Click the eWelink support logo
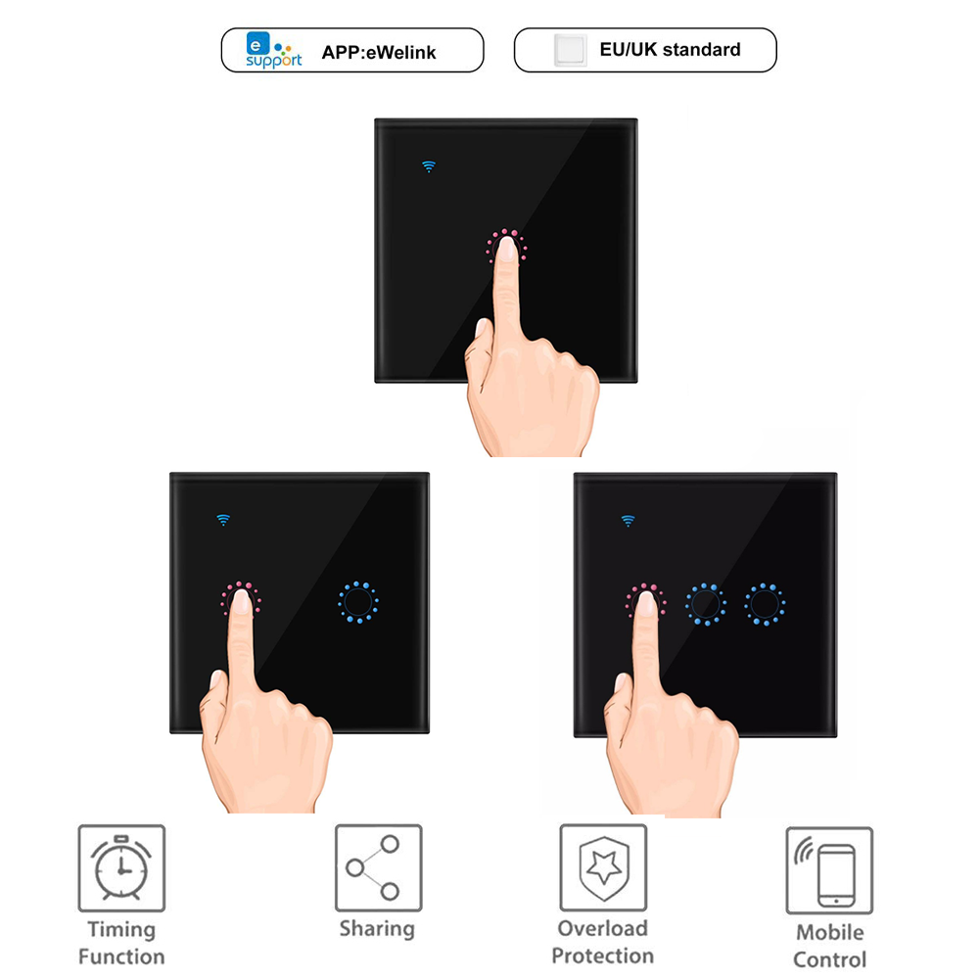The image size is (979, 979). click(273, 49)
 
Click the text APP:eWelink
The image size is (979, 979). click(378, 53)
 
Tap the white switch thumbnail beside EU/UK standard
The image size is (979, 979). click(570, 50)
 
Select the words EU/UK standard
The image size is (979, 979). click(670, 49)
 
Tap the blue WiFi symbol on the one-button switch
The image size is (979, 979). click(429, 166)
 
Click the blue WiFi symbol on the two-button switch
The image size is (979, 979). click(223, 520)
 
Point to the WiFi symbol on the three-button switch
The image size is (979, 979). click(629, 521)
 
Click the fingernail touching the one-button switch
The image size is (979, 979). click(507, 249)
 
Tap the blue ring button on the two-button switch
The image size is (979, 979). click(358, 602)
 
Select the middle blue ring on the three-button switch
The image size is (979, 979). click(706, 604)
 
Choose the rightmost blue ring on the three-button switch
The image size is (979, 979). click(765, 604)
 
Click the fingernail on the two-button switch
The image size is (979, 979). click(241, 601)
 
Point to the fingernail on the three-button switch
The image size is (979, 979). click(646, 604)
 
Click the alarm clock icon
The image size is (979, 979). click(121, 867)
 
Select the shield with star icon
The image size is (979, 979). click(603, 867)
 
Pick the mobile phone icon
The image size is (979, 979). click(829, 871)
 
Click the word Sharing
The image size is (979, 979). click(377, 928)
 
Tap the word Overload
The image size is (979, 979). click(602, 928)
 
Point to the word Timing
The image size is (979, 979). click(121, 930)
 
